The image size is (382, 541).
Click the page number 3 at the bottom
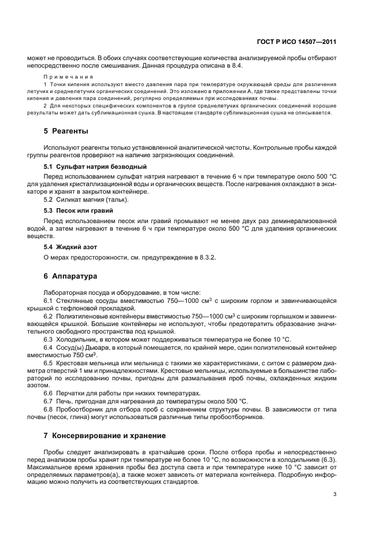click(335, 494)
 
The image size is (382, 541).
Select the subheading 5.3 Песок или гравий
click(79, 210)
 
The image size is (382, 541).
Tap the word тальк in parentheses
click(115, 200)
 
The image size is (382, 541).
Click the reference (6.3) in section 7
click(328, 460)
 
